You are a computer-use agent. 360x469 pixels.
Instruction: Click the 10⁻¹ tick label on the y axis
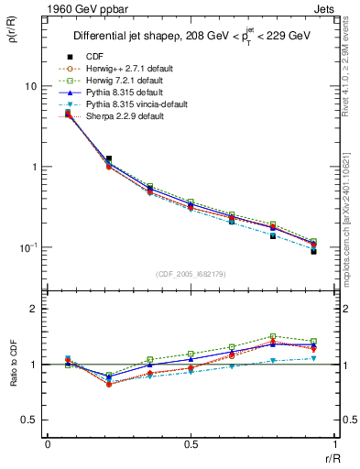(27, 247)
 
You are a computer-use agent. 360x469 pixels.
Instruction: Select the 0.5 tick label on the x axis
(191, 444)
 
